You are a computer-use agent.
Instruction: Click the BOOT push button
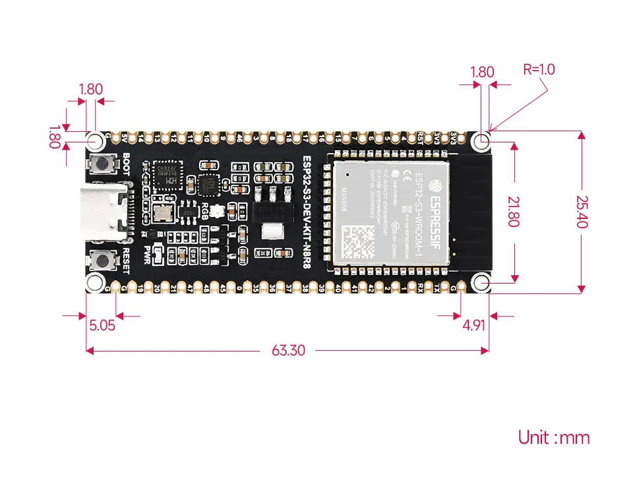[x=103, y=164]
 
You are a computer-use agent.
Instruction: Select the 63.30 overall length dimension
[x=288, y=350]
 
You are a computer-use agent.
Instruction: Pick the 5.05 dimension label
[x=102, y=324]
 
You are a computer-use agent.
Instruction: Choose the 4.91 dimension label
[x=474, y=324]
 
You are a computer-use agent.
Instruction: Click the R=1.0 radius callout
[x=539, y=69]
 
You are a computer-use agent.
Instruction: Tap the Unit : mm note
[x=553, y=437]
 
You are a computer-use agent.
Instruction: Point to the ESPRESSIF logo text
[x=437, y=202]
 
